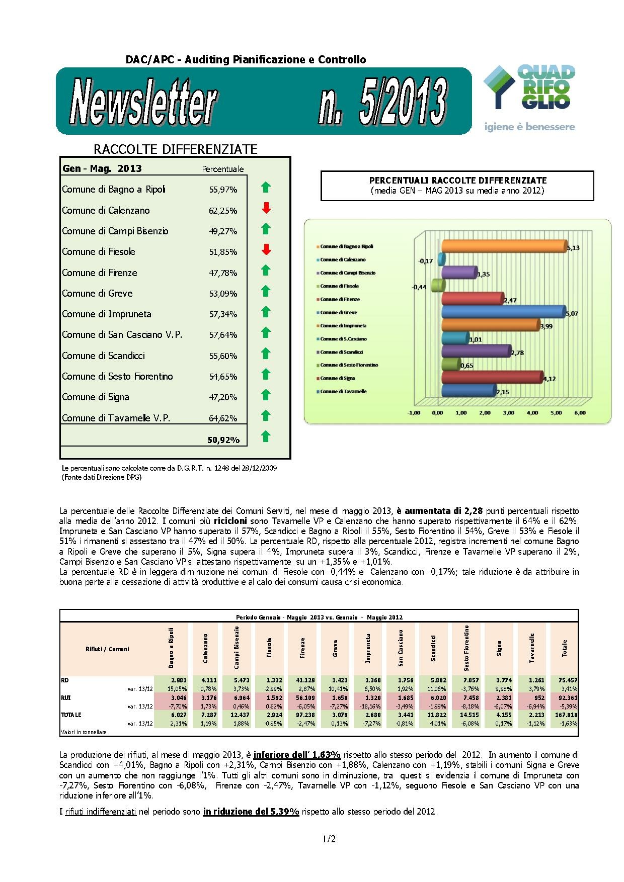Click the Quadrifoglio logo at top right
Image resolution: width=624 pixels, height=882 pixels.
(528, 98)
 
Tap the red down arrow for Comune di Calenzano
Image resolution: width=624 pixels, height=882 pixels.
(266, 208)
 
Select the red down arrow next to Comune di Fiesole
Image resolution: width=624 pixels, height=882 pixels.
(266, 249)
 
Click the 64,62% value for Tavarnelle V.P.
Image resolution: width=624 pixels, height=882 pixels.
(223, 418)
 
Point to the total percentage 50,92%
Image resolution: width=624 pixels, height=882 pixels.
(223, 440)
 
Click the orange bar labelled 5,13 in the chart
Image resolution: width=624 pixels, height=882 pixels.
(503, 246)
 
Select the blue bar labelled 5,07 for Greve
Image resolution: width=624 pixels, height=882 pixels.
(503, 312)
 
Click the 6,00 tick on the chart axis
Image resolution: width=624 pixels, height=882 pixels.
(580, 413)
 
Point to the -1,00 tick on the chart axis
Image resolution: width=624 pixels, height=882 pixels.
(414, 413)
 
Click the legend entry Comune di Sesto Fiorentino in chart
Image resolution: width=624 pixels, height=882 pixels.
(349, 365)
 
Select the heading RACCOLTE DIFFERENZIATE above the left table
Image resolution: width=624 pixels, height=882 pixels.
(176, 149)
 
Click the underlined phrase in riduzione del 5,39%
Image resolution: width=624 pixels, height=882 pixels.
(251, 812)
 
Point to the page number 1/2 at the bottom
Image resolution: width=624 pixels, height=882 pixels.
(329, 839)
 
